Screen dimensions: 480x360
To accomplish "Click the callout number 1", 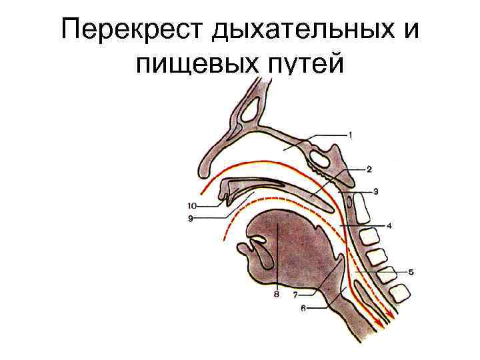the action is point(351,135).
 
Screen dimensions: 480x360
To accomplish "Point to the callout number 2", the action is point(369,169).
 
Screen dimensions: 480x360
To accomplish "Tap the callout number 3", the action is point(376,192).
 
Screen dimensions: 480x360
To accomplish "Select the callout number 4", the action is point(389,225).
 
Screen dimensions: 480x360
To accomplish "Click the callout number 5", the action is point(411,272).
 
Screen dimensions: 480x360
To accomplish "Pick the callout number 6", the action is point(303,308).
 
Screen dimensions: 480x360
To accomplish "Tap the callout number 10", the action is point(192,206).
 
